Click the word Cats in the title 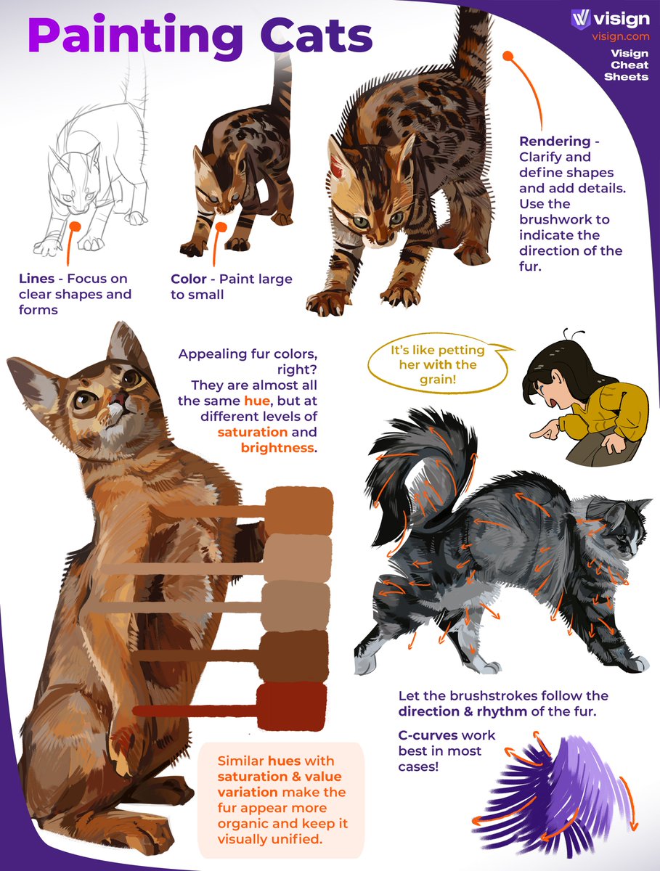(317, 36)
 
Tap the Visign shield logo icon (581, 19)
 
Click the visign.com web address (621, 36)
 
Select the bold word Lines (36, 279)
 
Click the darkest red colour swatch (292, 707)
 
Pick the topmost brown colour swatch (299, 511)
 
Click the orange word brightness (277, 448)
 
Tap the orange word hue (257, 401)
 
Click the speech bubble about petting (438, 364)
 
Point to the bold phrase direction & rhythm (463, 711)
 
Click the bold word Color (189, 279)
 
